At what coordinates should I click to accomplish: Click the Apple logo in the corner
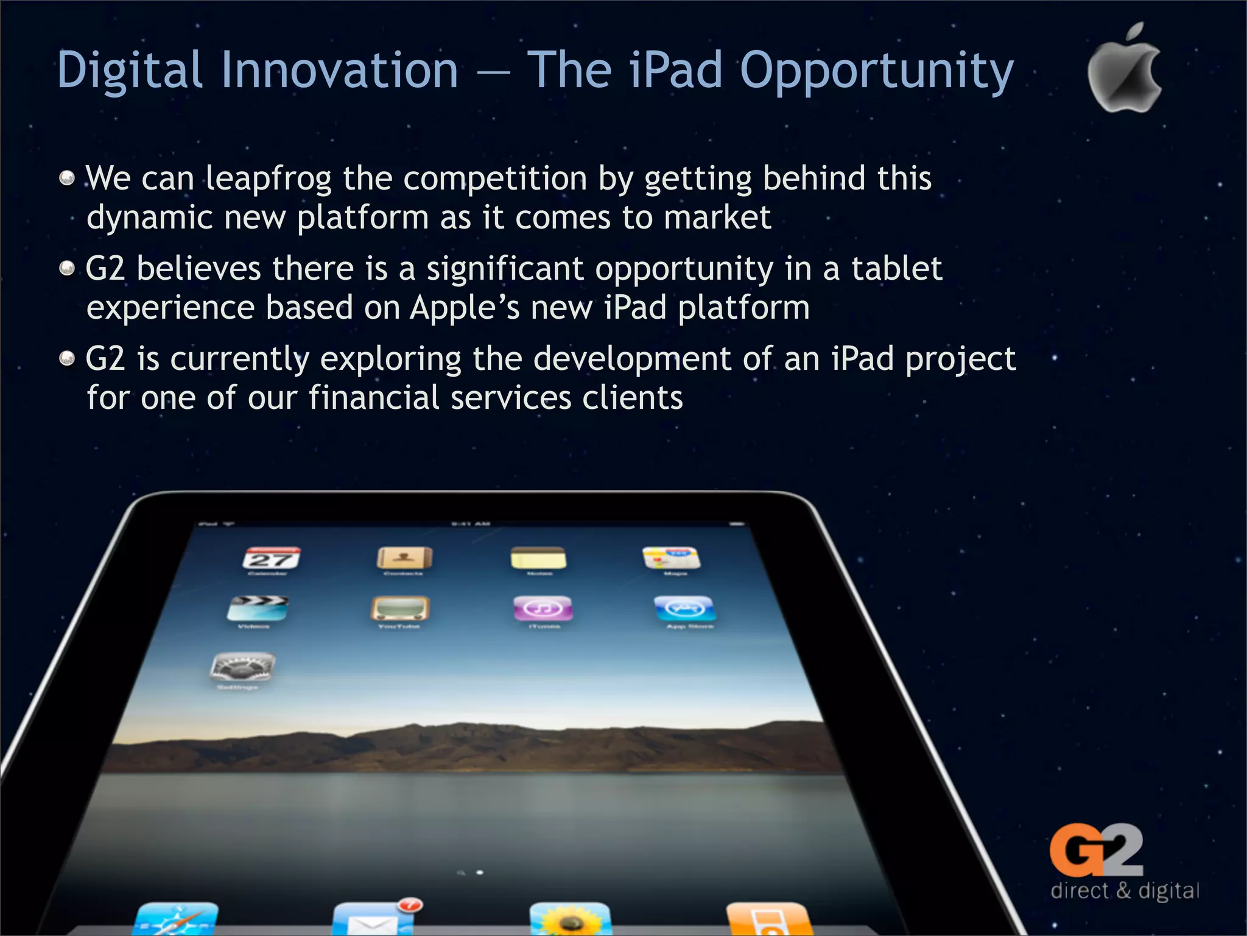coord(1124,70)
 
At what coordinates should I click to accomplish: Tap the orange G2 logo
coord(1097,850)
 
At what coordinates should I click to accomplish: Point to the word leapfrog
coord(268,179)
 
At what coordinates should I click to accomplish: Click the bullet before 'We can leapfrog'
coord(67,178)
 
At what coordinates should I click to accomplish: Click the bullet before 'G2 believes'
coord(67,268)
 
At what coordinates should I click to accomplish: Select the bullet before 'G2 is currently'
coord(67,358)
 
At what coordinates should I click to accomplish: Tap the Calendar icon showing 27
coord(272,559)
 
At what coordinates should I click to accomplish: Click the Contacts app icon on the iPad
coord(404,558)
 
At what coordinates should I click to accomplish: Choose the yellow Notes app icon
coord(538,558)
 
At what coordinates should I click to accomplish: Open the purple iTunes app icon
coord(543,608)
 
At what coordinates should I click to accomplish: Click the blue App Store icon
coord(684,608)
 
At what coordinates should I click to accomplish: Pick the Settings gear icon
coord(242,668)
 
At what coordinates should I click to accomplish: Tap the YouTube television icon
coord(400,608)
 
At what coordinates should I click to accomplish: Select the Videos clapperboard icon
coord(257,608)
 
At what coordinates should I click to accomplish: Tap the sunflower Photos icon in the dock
coord(570,919)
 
